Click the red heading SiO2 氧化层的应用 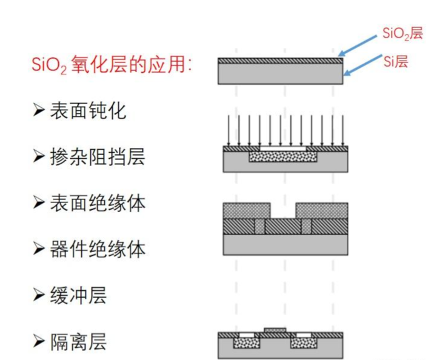(112, 65)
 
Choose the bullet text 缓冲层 (78, 295)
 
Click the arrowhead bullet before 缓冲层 (39, 295)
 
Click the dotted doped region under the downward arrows (284, 158)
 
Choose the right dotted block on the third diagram (321, 210)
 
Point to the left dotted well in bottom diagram (248, 342)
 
